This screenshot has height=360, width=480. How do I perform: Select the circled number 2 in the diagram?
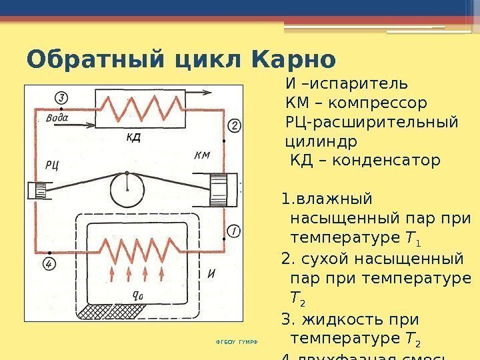[234, 125]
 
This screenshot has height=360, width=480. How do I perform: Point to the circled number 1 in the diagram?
[233, 231]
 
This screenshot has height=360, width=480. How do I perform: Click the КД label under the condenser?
[133, 138]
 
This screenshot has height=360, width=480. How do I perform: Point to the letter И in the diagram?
[211, 272]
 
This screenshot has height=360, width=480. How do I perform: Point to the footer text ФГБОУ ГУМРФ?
[236, 342]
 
